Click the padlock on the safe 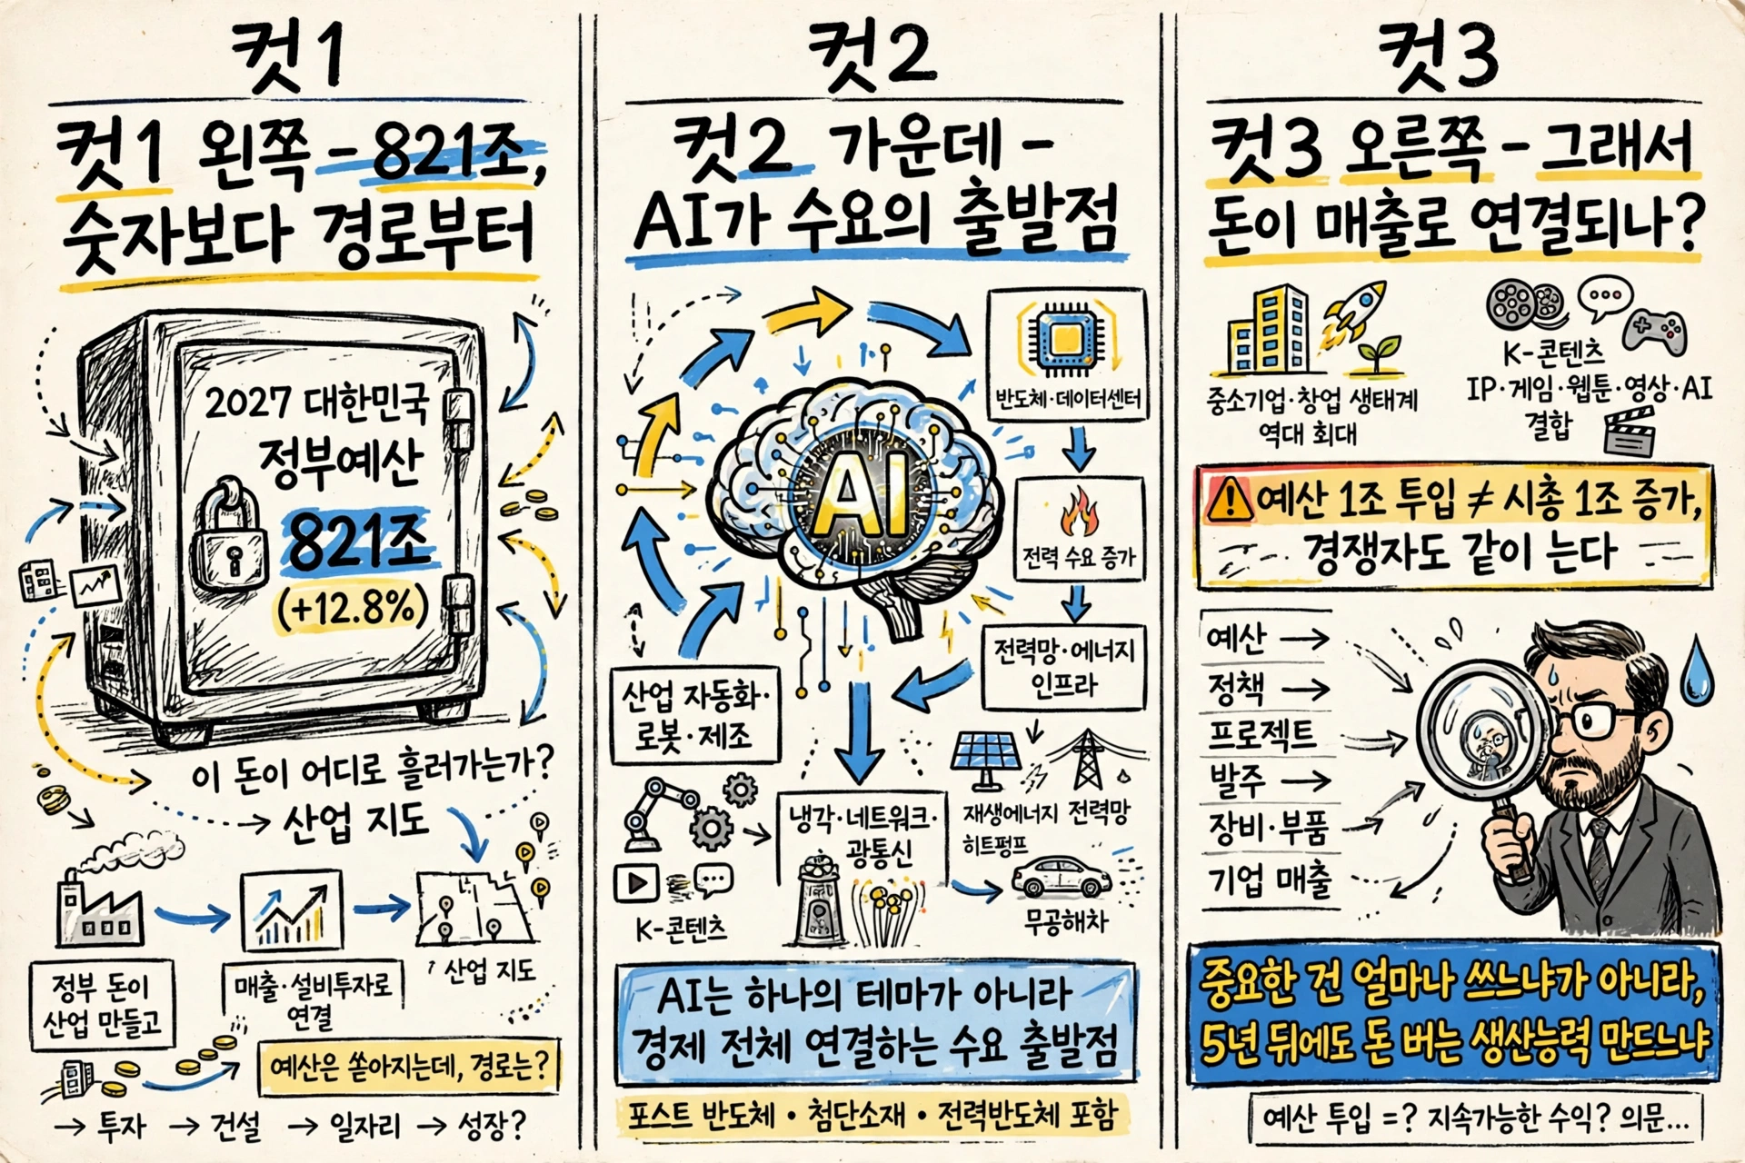[x=229, y=542]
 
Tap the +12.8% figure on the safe [x=354, y=606]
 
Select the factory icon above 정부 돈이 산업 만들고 [x=100, y=906]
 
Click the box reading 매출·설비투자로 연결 [x=310, y=999]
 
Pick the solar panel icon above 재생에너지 [x=984, y=760]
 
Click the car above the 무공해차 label [x=1062, y=879]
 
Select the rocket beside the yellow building [x=1354, y=313]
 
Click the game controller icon [x=1656, y=330]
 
